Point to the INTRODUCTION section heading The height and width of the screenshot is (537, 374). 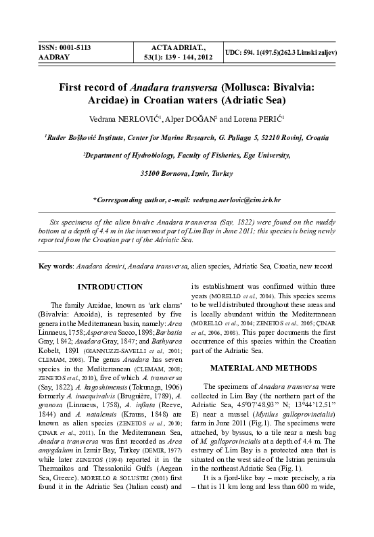coord(110,287)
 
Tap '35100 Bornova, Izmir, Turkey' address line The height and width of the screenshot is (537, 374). coord(186,174)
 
